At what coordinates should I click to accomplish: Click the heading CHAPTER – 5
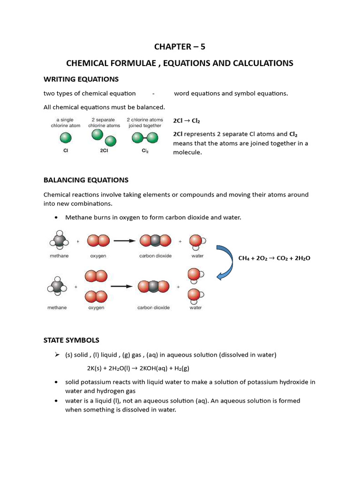click(180, 46)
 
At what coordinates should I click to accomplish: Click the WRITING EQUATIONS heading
click(81, 79)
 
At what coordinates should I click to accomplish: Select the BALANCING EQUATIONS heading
click(86, 180)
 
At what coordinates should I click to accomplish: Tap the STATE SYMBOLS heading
click(71, 340)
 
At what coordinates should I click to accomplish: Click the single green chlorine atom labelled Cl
click(66, 138)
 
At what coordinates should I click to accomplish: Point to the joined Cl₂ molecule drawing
click(144, 138)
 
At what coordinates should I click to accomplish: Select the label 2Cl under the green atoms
click(104, 151)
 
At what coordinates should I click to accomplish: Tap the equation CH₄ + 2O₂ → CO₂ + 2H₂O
click(275, 258)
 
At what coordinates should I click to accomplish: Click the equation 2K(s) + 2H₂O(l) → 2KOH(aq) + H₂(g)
click(138, 368)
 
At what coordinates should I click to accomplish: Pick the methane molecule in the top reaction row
click(59, 241)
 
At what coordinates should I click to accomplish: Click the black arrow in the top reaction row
click(125, 241)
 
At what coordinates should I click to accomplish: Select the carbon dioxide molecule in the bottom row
click(154, 286)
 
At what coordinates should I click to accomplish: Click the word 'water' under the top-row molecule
click(197, 256)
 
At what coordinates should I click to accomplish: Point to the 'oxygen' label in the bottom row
click(96, 307)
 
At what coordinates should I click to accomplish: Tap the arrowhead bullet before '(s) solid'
click(56, 354)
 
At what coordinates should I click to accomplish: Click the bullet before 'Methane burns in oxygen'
click(56, 217)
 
